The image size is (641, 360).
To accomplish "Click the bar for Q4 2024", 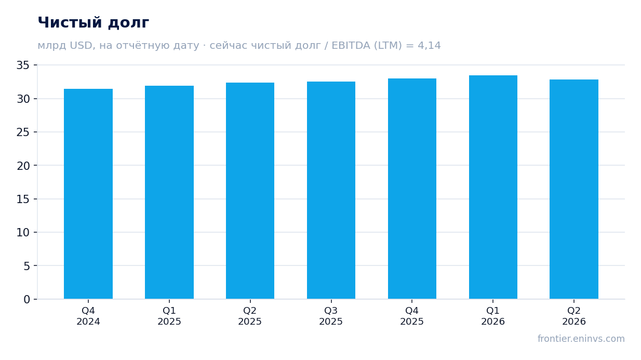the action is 88,194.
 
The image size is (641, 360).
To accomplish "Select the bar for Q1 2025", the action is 169,192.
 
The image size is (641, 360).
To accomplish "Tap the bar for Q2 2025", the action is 250,191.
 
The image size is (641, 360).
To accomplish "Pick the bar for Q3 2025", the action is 331,190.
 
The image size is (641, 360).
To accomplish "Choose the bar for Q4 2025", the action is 412,189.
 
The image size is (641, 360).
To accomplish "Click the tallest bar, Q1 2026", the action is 493,187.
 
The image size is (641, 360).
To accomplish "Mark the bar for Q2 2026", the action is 574,189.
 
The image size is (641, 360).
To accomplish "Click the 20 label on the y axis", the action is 23,166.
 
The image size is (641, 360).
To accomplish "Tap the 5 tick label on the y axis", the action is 26,266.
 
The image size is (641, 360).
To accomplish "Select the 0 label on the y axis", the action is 26,300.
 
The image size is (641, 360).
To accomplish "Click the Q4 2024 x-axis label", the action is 88,316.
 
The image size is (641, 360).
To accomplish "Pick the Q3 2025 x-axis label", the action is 331,316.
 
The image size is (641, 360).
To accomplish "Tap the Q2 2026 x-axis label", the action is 574,316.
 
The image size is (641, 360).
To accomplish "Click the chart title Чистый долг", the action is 94,22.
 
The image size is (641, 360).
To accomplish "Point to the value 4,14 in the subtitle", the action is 429,46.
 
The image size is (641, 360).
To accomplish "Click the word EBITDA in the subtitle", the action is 351,45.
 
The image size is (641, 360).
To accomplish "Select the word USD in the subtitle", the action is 81,45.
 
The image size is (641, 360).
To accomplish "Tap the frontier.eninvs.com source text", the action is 581,339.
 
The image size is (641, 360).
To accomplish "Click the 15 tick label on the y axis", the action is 23,199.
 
